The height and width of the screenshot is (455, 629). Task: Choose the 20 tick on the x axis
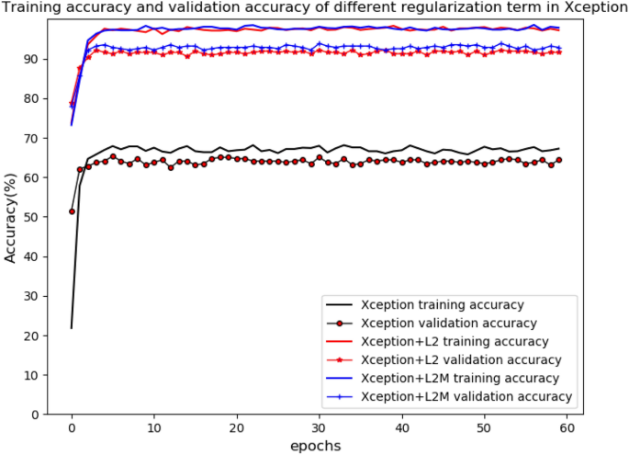[x=237, y=429]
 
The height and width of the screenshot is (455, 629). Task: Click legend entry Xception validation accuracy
[x=449, y=323]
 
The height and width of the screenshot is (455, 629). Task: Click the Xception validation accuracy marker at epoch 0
[x=72, y=211]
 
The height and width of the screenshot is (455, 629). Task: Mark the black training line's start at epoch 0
[x=72, y=328]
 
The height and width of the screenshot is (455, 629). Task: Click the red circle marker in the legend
[x=341, y=323]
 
